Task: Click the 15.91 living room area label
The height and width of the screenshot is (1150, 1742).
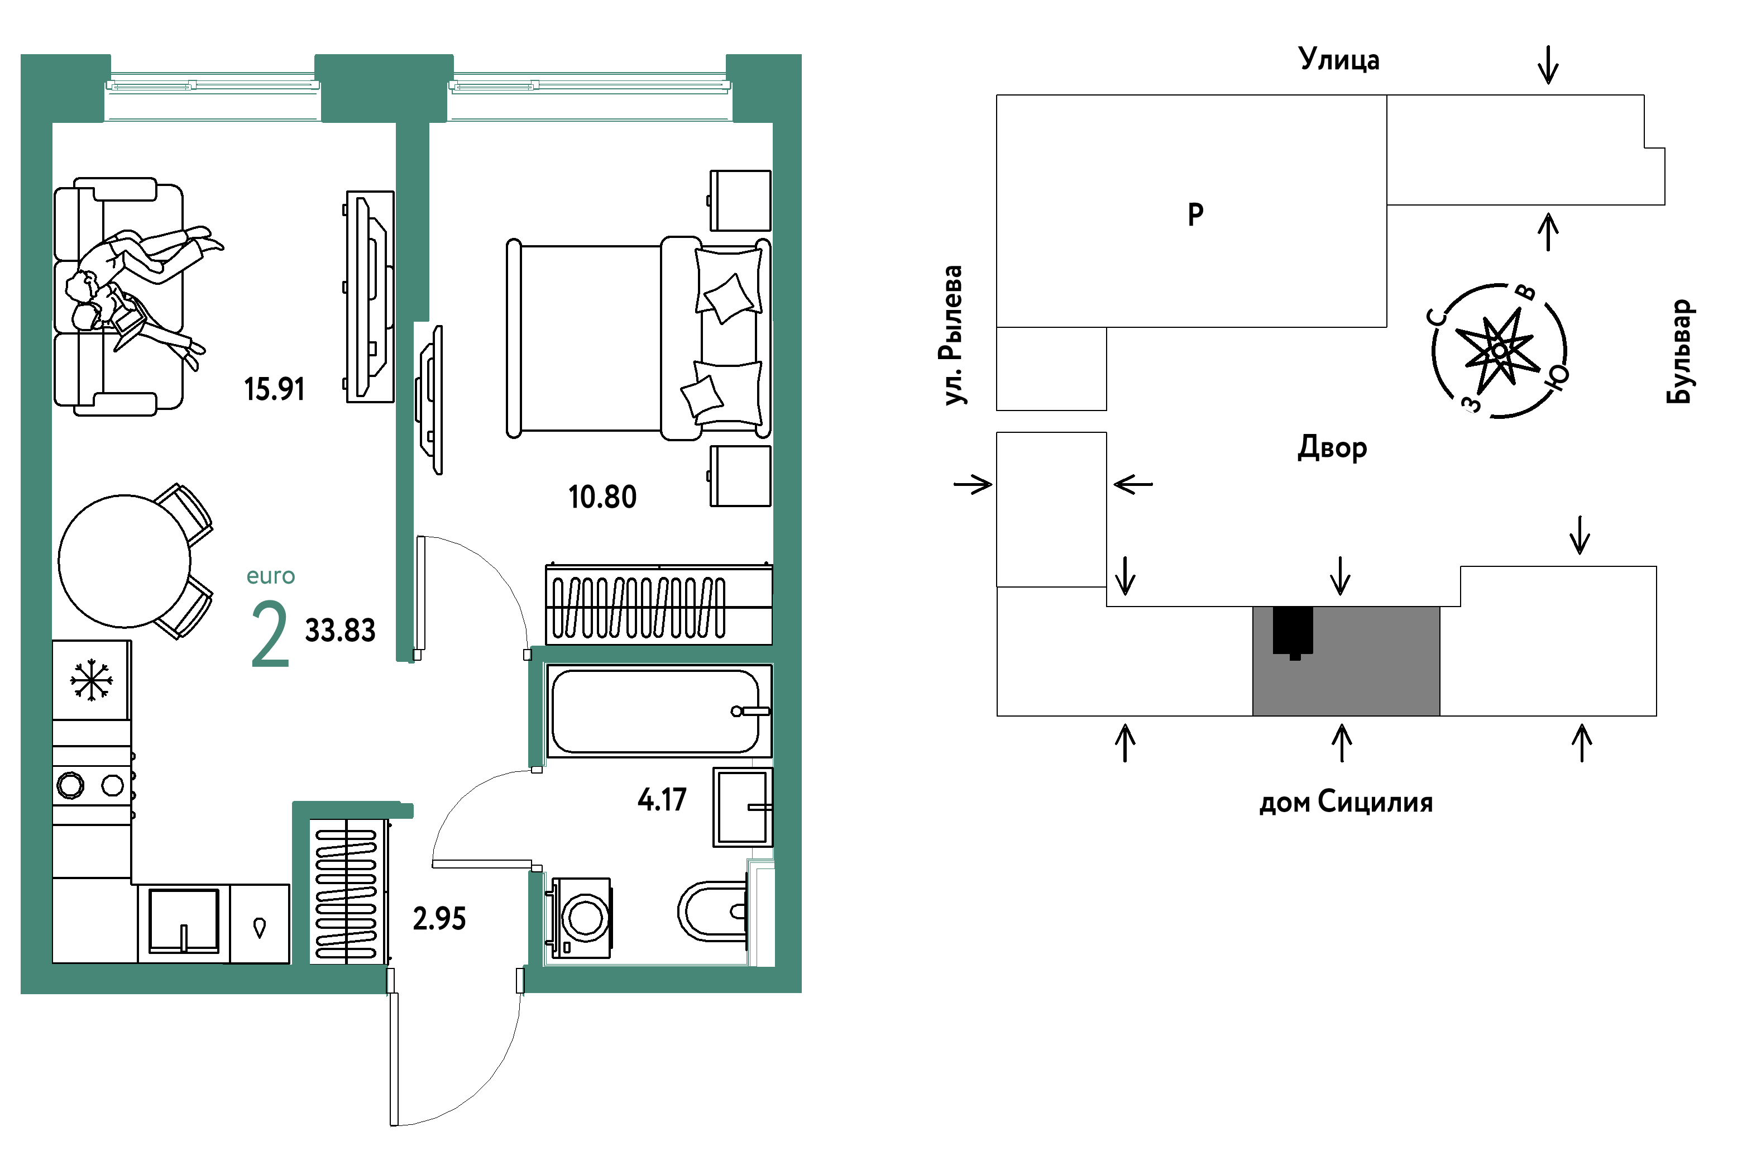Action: point(274,389)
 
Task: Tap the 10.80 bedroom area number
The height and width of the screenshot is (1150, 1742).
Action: point(602,497)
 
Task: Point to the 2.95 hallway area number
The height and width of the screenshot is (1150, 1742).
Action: point(439,918)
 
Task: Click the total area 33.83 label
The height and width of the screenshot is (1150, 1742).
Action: point(340,631)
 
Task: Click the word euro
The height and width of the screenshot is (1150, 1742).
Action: point(271,576)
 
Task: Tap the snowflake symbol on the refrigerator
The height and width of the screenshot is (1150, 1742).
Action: point(91,680)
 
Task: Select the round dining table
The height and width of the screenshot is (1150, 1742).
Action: point(125,561)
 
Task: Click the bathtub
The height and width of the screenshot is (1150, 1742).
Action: point(658,710)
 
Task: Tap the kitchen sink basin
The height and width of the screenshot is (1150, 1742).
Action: point(183,921)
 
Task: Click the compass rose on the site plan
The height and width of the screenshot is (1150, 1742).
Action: point(1499,351)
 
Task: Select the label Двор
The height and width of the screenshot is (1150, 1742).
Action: point(1332,447)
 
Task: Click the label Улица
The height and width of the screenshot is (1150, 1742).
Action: point(1339,59)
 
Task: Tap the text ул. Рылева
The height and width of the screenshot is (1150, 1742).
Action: point(953,335)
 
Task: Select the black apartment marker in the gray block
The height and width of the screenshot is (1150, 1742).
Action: point(1293,632)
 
